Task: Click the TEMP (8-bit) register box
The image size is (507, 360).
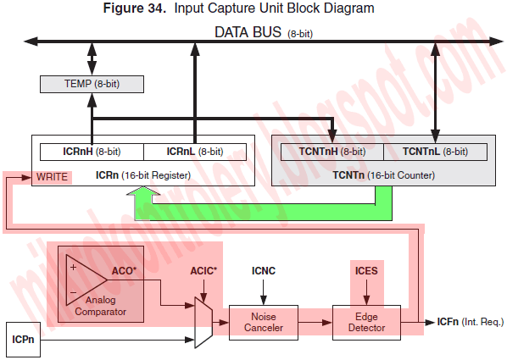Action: [92, 85]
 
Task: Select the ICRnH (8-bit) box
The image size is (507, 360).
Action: [92, 152]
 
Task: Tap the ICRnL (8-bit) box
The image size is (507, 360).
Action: [195, 152]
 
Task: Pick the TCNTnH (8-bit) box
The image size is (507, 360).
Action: [332, 152]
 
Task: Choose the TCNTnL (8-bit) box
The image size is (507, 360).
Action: [435, 152]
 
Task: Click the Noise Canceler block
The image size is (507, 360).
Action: [264, 323]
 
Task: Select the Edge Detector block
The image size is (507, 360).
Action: [366, 323]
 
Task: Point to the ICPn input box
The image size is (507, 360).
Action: [23, 340]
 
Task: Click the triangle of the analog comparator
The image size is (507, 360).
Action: [81, 280]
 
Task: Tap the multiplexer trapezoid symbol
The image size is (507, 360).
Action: [203, 323]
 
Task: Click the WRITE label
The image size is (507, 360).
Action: [52, 177]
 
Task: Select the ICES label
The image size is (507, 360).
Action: [366, 271]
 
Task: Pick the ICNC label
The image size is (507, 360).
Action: [264, 271]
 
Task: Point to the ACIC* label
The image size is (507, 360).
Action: [203, 271]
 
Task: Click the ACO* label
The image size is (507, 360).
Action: [124, 271]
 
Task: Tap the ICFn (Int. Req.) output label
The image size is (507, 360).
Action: [471, 322]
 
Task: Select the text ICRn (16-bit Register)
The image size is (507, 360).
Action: [143, 175]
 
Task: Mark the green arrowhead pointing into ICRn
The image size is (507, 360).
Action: [143, 191]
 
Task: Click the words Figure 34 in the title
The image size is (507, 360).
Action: [134, 8]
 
